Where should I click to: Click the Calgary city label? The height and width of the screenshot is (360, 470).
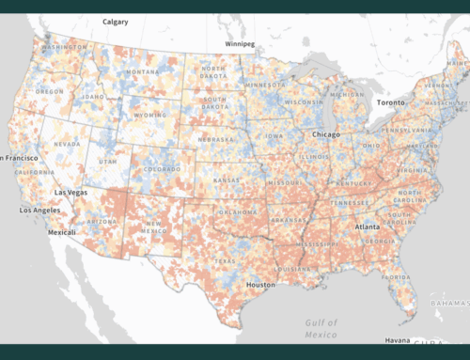pos(117,20)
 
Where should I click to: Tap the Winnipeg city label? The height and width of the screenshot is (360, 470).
pos(241,43)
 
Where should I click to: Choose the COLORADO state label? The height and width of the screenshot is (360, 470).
pos(162,170)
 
